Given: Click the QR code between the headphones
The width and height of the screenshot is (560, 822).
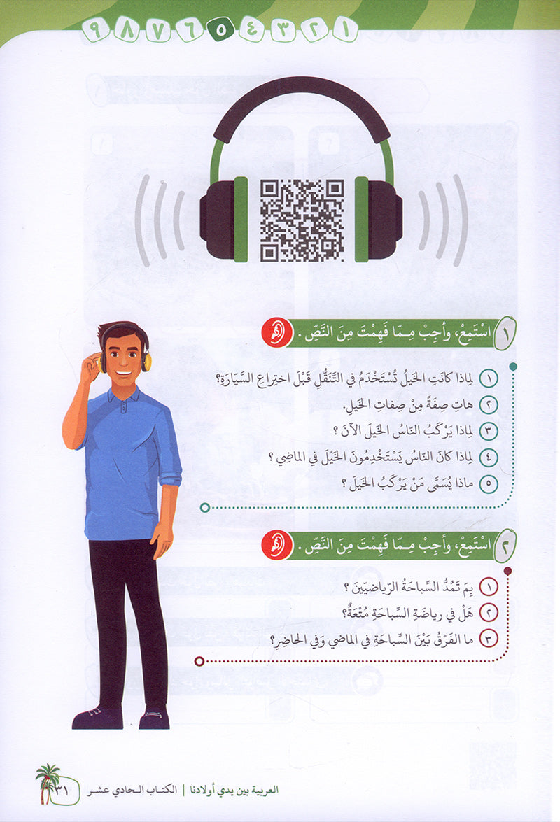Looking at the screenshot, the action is tap(302, 220).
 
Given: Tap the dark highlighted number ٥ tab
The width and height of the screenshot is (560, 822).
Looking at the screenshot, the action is tap(220, 30).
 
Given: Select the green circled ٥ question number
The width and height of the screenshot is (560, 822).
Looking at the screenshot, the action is tap(489, 483).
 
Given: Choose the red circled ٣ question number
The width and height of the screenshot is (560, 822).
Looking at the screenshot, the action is tap(489, 639).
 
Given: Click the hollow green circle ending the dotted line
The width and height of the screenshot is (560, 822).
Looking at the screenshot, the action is tap(205, 507).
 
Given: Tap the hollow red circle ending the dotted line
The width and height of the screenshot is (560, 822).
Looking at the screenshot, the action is tap(199, 662).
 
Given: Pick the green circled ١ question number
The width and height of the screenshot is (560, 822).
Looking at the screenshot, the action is tap(489, 378).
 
